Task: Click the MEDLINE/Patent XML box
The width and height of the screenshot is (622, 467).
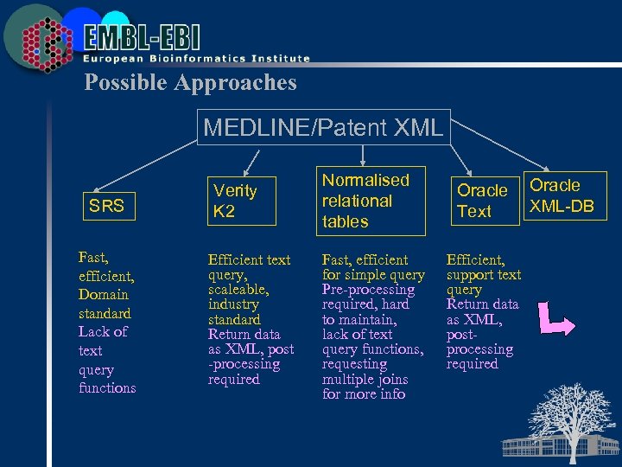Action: click(323, 128)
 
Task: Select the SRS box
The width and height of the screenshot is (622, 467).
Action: click(107, 206)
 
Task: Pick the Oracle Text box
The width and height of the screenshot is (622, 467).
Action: click(481, 201)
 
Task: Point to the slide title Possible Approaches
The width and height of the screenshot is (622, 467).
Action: click(190, 83)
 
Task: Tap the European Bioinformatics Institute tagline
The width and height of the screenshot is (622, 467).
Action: click(196, 59)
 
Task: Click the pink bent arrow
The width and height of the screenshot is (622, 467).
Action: click(555, 318)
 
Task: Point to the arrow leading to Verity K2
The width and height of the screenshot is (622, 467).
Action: click(252, 161)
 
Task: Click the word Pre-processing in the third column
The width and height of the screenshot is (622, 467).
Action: click(368, 290)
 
